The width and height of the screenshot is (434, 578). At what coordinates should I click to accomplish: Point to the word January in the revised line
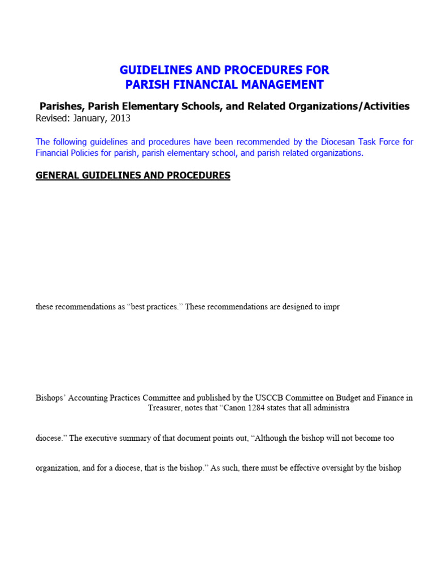click(x=88, y=119)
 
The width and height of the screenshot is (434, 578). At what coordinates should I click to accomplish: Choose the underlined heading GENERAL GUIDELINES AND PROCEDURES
click(x=133, y=176)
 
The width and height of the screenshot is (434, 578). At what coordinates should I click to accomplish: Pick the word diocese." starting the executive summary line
click(x=50, y=438)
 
